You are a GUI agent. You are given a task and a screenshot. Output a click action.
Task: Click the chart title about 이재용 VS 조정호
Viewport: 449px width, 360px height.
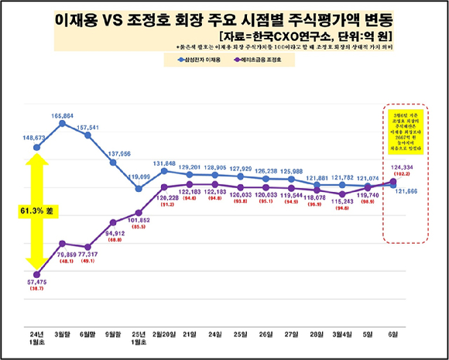[x=224, y=18]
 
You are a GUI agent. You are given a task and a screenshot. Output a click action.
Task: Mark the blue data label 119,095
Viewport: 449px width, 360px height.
[x=139, y=177]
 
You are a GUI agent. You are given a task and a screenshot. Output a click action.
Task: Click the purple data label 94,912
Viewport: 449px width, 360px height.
[x=113, y=232]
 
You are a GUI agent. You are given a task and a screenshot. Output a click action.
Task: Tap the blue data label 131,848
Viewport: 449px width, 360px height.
[x=164, y=163]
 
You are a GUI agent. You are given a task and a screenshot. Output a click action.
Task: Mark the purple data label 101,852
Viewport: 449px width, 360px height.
[x=139, y=219]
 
